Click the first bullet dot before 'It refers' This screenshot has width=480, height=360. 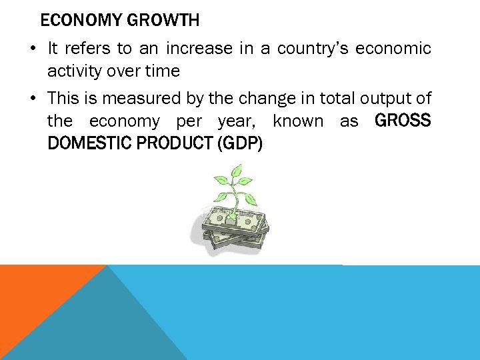coord(33,49)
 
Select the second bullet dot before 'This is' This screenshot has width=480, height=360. coord(33,99)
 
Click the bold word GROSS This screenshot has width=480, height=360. coord(403,121)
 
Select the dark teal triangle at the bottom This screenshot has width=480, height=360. coord(100,327)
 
